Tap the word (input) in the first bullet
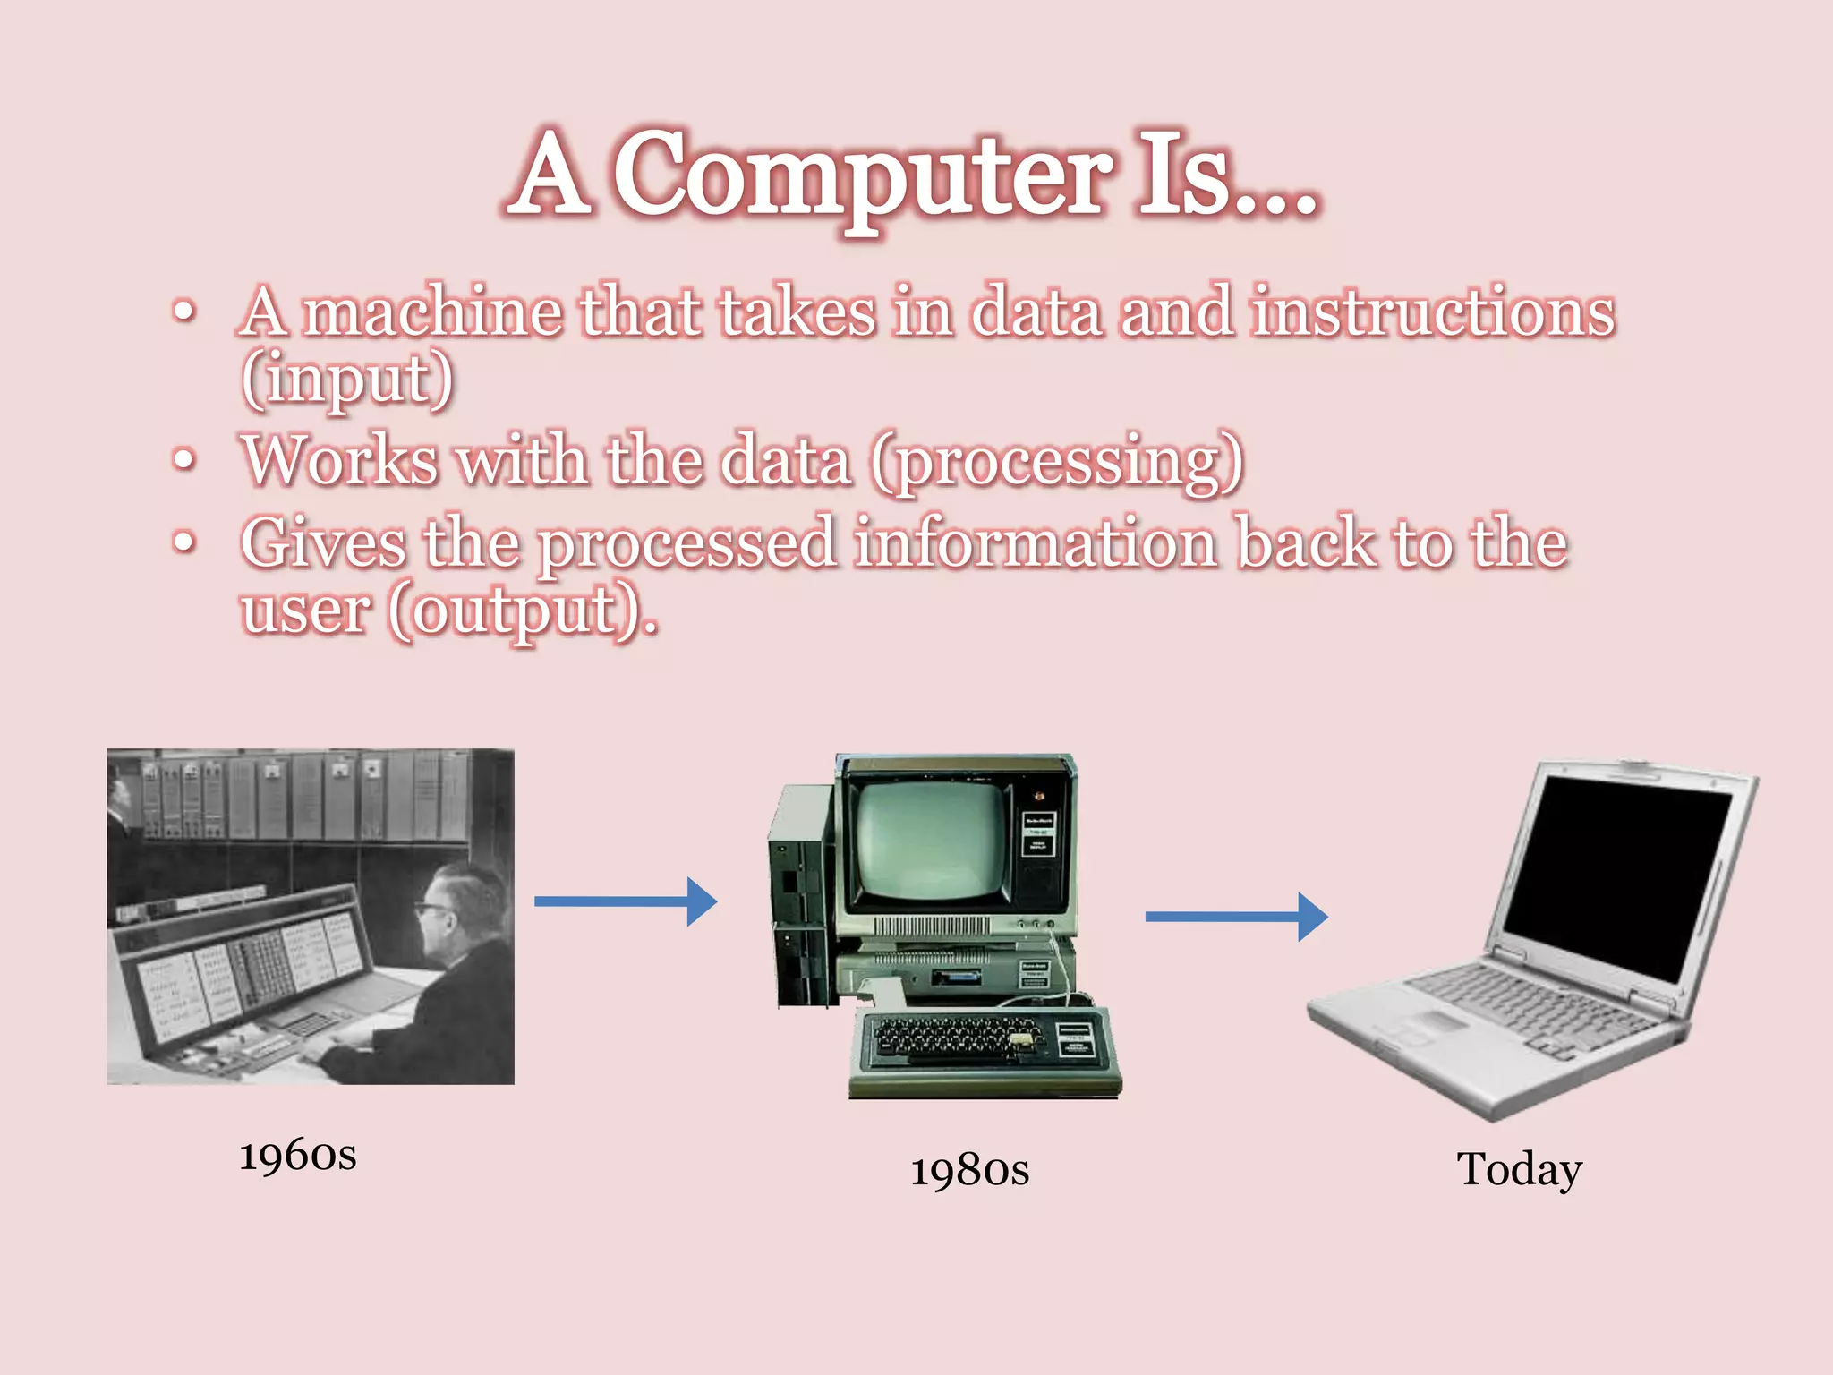pyautogui.click(x=347, y=380)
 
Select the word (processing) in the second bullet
pyautogui.click(x=1058, y=462)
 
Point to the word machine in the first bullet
pyautogui.click(x=432, y=313)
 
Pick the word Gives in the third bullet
pyautogui.click(x=322, y=544)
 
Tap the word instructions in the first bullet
pyautogui.click(x=1432, y=313)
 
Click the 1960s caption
pyautogui.click(x=298, y=1155)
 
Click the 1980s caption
pyautogui.click(x=969, y=1170)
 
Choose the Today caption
pyautogui.click(x=1519, y=1168)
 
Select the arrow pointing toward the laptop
pyautogui.click(x=1235, y=916)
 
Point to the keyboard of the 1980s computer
pyautogui.click(x=958, y=1038)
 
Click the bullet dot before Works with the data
pyautogui.click(x=183, y=460)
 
